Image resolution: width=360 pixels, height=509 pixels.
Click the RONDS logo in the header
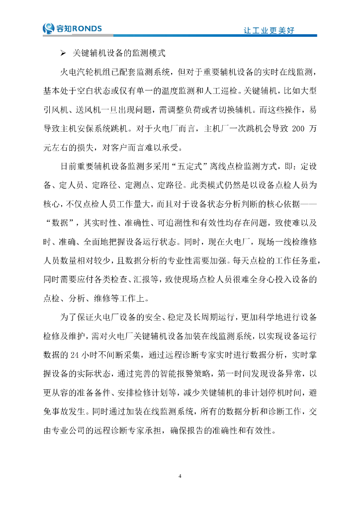[x=73, y=29]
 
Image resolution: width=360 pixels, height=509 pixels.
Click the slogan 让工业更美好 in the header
[x=269, y=30]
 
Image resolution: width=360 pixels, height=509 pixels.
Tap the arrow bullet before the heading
[x=63, y=53]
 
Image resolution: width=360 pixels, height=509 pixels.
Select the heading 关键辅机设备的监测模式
[x=119, y=53]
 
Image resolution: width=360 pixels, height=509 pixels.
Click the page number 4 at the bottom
[x=180, y=476]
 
